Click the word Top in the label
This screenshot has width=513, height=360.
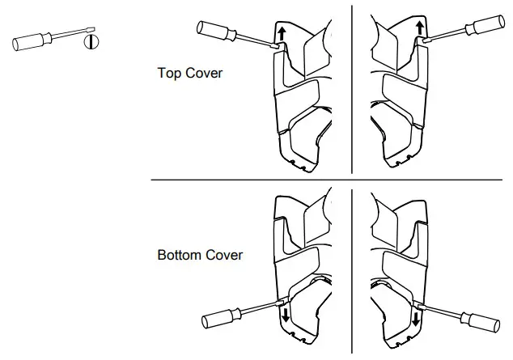pos(169,73)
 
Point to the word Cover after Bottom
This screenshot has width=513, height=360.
pos(223,256)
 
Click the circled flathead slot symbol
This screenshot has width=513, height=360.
pos(91,40)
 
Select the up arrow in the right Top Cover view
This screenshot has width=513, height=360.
pos(420,31)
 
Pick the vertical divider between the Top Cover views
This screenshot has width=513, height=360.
pos(351,89)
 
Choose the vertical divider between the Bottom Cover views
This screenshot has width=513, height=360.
pos(351,267)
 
